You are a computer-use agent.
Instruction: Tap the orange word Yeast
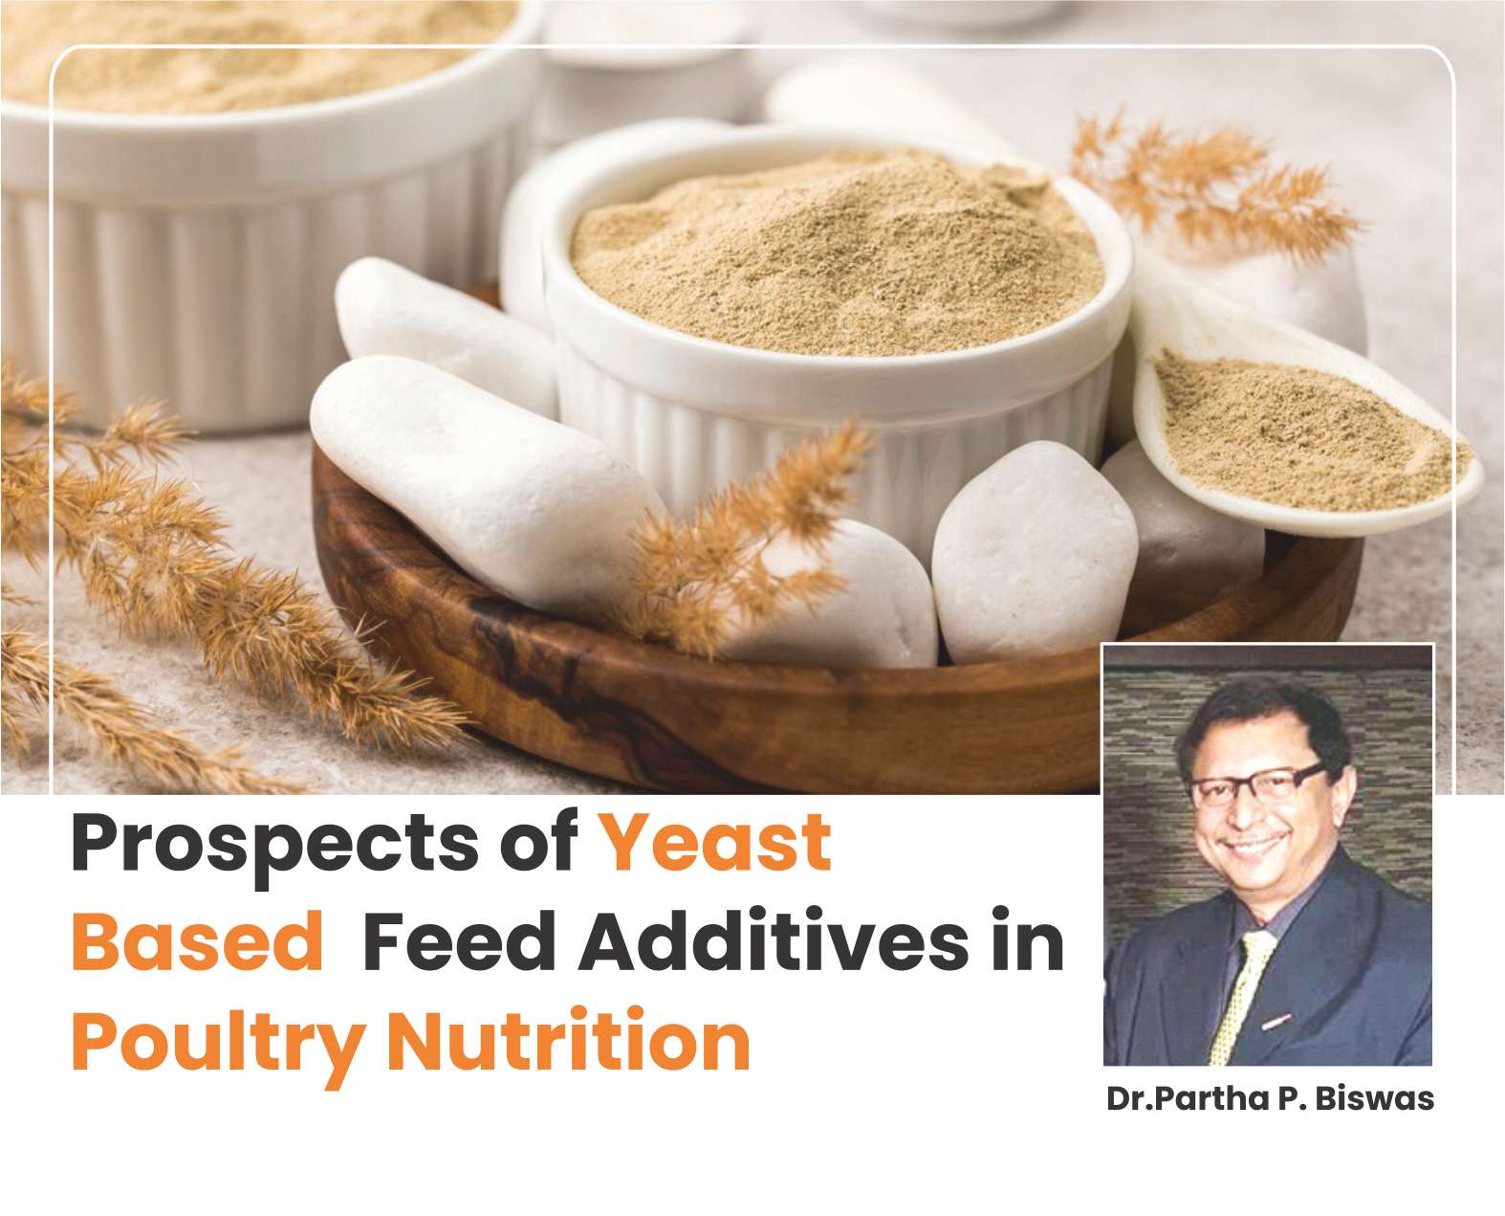[x=716, y=841]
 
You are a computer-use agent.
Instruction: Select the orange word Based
[x=197, y=941]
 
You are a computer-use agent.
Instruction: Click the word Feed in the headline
[x=459, y=940]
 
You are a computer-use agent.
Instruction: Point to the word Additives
[x=774, y=940]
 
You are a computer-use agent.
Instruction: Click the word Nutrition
[x=569, y=1040]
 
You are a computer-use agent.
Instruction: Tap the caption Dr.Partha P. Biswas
[x=1270, y=1099]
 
